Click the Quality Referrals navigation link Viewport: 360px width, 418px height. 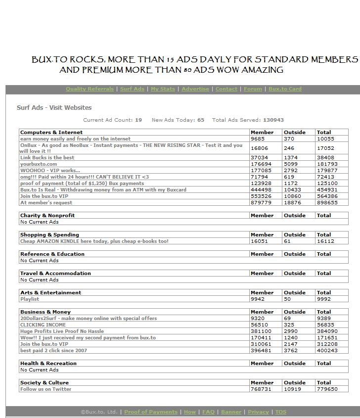point(90,89)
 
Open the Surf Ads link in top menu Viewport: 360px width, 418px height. point(132,89)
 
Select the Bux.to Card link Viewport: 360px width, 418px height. point(285,89)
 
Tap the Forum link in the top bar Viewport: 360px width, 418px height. point(253,89)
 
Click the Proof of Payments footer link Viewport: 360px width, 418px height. point(150,412)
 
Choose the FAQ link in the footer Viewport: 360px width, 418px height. point(208,412)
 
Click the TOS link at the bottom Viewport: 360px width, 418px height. point(280,412)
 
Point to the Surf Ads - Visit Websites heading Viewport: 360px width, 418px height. point(54,107)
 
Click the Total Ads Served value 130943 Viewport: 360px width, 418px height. point(273,120)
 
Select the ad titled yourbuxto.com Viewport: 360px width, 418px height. point(39,164)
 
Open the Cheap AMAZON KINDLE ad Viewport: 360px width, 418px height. point(94,241)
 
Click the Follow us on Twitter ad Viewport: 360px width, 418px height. point(45,389)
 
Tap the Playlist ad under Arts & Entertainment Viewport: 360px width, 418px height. point(30,299)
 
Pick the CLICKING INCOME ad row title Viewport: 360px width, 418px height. point(43,325)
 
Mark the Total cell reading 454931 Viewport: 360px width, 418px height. point(327,189)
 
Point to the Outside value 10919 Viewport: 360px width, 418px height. point(292,389)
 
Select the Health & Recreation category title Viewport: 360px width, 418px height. point(48,364)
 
